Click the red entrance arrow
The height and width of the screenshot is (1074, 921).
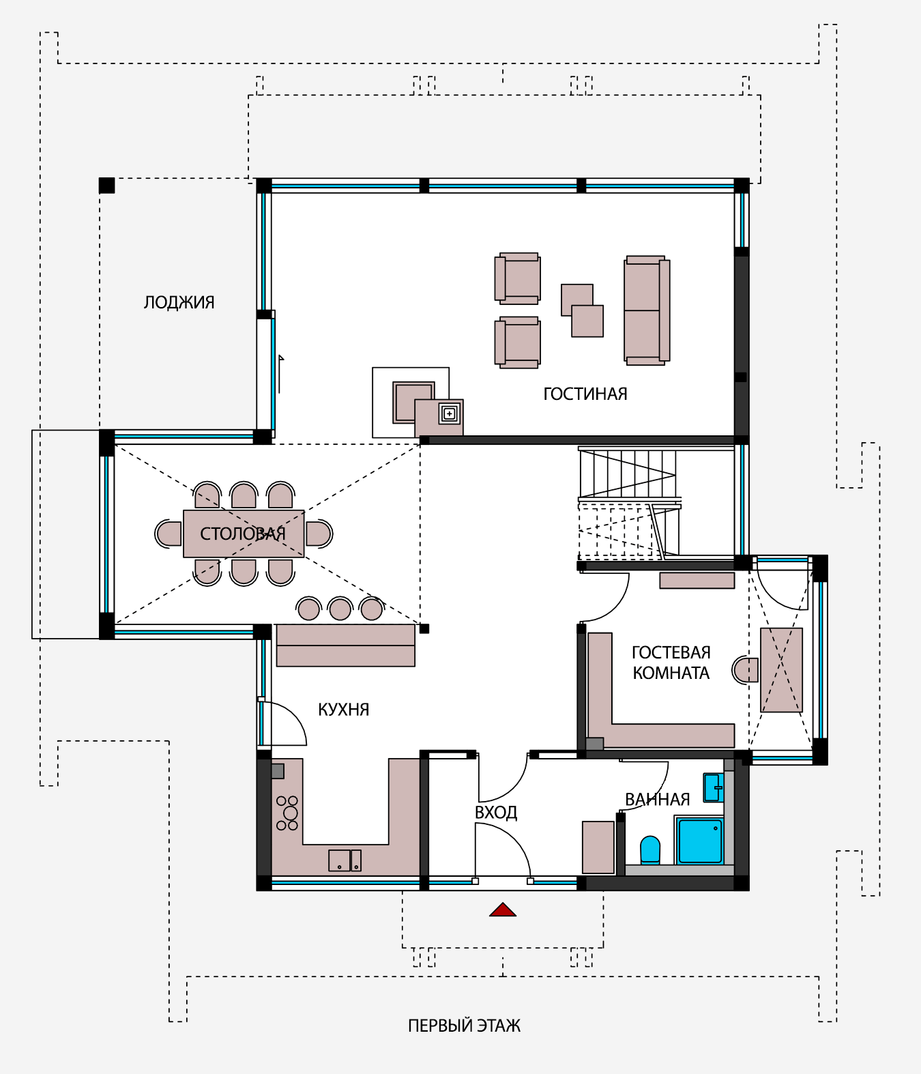[502, 910]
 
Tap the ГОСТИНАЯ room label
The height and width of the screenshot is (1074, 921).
[585, 394]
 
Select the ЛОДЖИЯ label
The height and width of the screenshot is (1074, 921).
[179, 302]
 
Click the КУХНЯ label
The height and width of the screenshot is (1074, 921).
[343, 709]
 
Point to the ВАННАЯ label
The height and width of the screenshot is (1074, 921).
[657, 799]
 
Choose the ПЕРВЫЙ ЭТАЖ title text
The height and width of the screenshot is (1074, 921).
[464, 1026]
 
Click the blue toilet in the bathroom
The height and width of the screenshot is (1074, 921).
[650, 849]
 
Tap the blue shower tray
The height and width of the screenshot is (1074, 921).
[700, 841]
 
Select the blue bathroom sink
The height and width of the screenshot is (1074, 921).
[713, 787]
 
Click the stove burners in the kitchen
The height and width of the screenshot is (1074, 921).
[287, 813]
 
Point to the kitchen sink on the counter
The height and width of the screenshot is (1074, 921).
[345, 860]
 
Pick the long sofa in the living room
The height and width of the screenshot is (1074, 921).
[647, 310]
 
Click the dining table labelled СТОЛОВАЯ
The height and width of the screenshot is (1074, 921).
[244, 534]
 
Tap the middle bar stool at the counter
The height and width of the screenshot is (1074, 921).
[340, 609]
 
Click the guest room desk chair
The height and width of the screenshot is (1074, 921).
[745, 670]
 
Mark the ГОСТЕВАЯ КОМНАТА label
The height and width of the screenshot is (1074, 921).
[671, 663]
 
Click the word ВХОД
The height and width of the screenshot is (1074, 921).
[495, 813]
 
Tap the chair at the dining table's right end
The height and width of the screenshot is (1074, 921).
[319, 534]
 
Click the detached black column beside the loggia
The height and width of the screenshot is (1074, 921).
[106, 186]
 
